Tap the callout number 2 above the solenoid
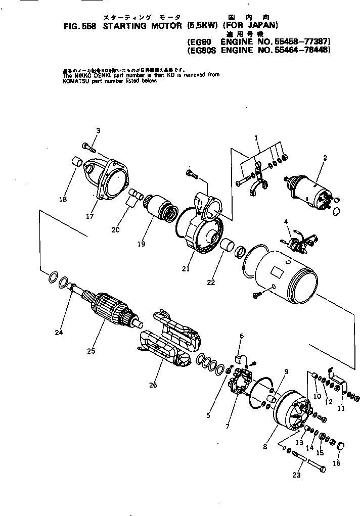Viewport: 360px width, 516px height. pyautogui.click(x=326, y=158)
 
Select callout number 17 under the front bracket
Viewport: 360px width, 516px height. pyautogui.click(x=89, y=218)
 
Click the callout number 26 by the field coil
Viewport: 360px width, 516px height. pyautogui.click(x=153, y=385)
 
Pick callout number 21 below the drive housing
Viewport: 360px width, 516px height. pyautogui.click(x=186, y=269)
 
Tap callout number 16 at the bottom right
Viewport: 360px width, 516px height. pyautogui.click(x=337, y=463)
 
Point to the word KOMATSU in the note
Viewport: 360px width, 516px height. pyautogui.click(x=76, y=80)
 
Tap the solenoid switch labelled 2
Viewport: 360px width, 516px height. pyautogui.click(x=309, y=188)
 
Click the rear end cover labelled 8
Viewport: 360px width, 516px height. pyautogui.click(x=289, y=409)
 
